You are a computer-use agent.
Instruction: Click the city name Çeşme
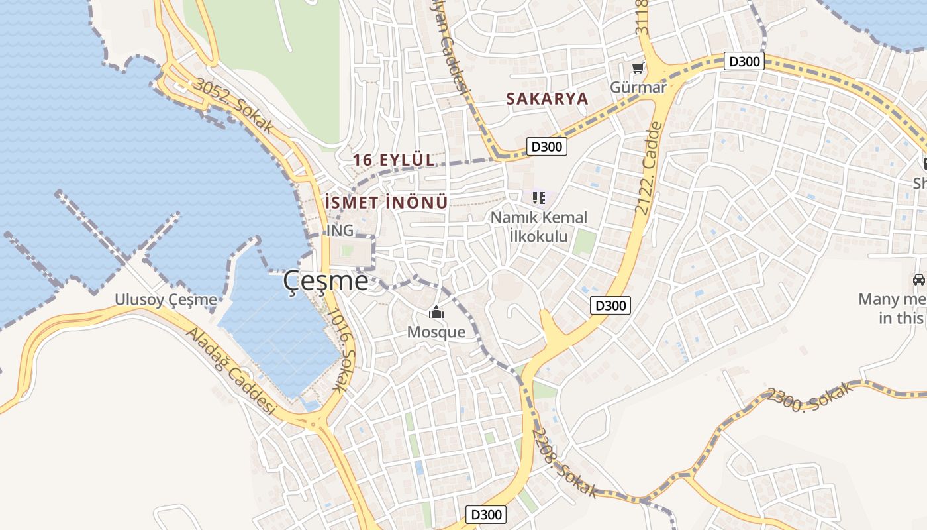(x=326, y=281)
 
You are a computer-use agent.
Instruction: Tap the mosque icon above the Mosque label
(x=436, y=312)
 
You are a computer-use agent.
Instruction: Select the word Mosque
(x=436, y=332)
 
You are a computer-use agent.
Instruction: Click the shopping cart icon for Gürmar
(x=638, y=68)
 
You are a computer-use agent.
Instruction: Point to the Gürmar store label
(x=638, y=87)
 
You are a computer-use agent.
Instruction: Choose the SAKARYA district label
(x=547, y=99)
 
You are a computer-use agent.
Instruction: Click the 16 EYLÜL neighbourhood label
(x=394, y=160)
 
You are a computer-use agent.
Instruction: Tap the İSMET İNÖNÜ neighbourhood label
(x=387, y=203)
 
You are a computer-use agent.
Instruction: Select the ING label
(x=340, y=231)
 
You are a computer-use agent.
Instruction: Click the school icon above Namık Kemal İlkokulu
(x=539, y=197)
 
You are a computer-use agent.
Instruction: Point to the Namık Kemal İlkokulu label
(x=538, y=227)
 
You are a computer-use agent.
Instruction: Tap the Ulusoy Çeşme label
(x=166, y=299)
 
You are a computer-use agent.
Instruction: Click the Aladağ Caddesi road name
(x=230, y=371)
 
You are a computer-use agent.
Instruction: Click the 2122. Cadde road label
(x=649, y=167)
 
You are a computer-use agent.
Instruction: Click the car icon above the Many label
(x=918, y=280)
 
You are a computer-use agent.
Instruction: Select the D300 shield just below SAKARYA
(x=547, y=146)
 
